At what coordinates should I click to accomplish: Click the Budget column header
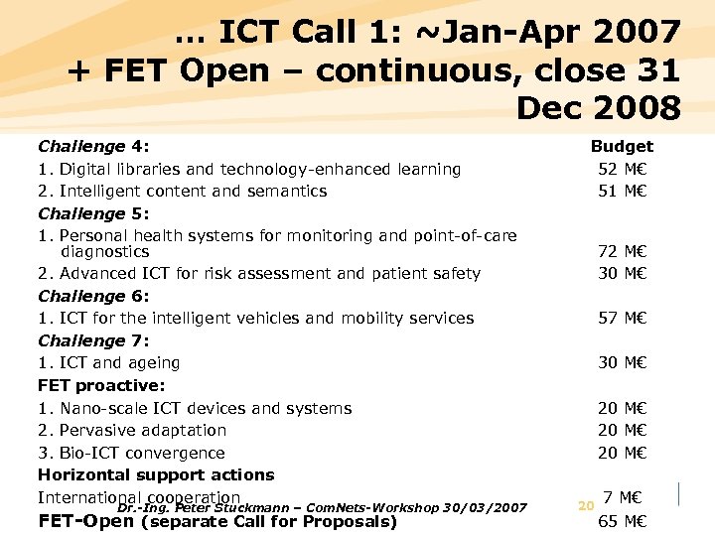pyautogui.click(x=622, y=146)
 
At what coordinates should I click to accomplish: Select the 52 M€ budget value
pyautogui.click(x=622, y=169)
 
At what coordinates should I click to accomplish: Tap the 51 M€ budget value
pyautogui.click(x=622, y=191)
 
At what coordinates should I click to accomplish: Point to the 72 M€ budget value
pyautogui.click(x=622, y=251)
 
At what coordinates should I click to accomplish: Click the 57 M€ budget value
pyautogui.click(x=622, y=318)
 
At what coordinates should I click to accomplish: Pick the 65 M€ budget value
pyautogui.click(x=622, y=521)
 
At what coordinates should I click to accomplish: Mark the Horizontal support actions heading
pyautogui.click(x=156, y=474)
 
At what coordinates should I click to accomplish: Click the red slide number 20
pyautogui.click(x=585, y=506)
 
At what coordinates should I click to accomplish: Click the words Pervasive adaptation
pyautogui.click(x=143, y=430)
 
